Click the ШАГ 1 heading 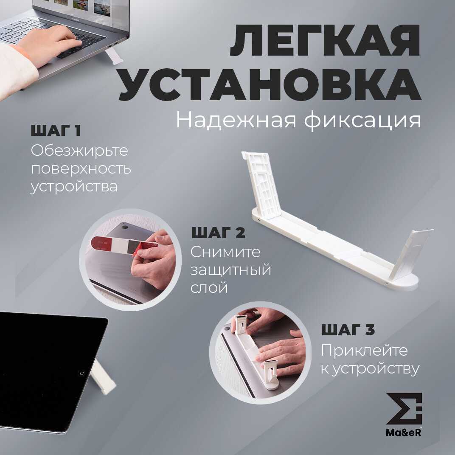(x=56, y=130)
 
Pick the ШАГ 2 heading (x=218, y=233)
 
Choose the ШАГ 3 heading (x=348, y=330)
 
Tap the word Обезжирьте (x=79, y=151)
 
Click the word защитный (x=231, y=270)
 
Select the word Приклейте (x=364, y=351)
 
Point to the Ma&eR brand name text (x=404, y=433)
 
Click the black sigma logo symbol (x=404, y=408)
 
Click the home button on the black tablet (x=81, y=373)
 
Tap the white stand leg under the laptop (x=114, y=56)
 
